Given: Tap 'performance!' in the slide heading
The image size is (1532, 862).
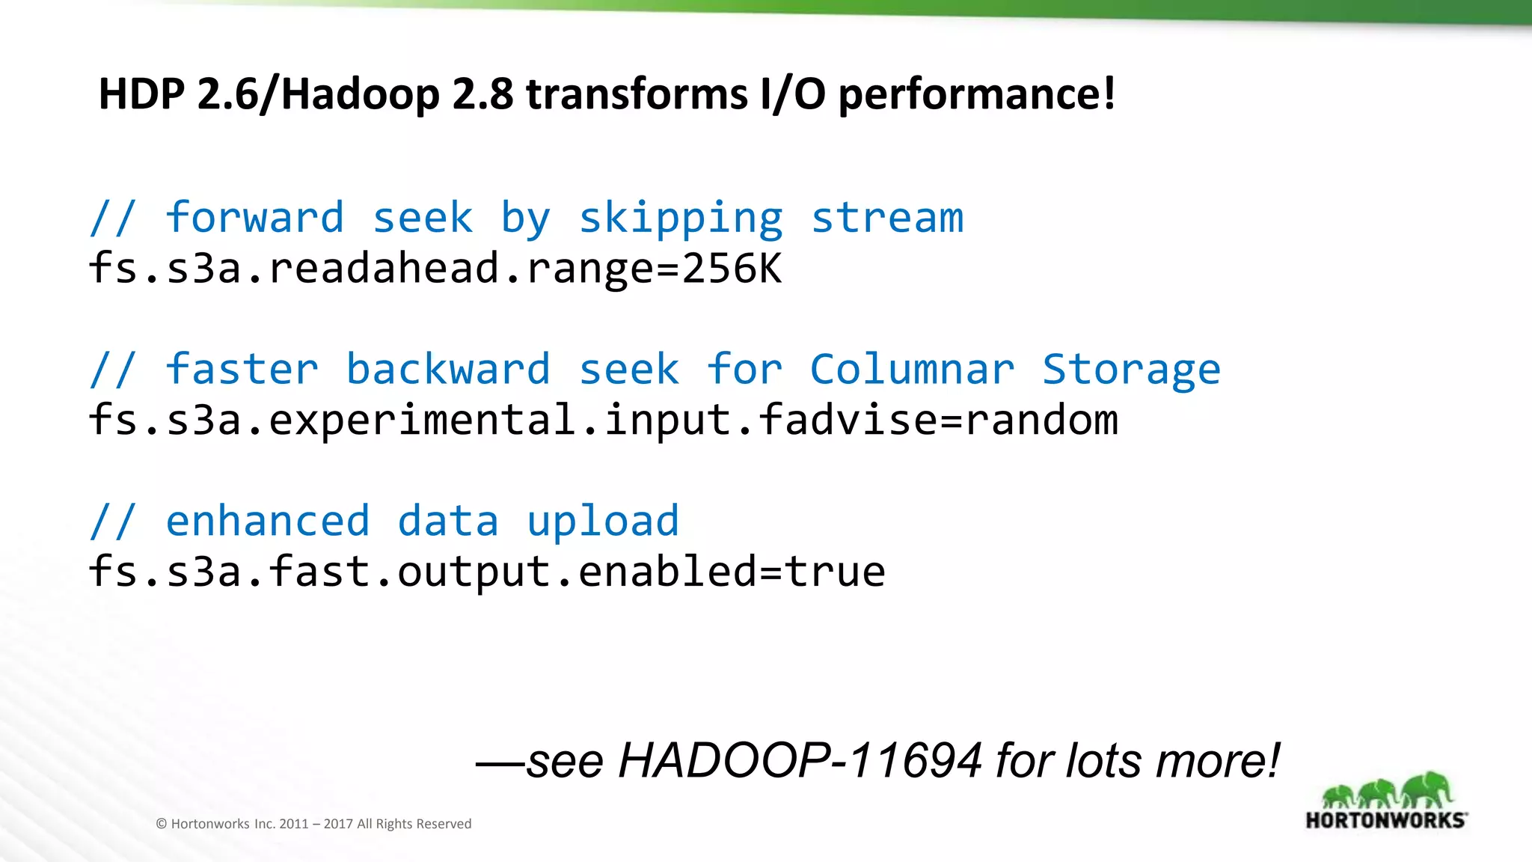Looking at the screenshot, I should pyautogui.click(x=976, y=96).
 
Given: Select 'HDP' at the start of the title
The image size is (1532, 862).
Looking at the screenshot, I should pyautogui.click(x=141, y=94).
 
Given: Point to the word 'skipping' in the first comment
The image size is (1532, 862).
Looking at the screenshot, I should pyautogui.click(x=681, y=219).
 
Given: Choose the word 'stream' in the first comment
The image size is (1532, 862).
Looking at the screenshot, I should pyautogui.click(x=887, y=218).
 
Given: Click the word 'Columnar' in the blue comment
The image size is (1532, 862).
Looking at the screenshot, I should pyautogui.click(x=912, y=369).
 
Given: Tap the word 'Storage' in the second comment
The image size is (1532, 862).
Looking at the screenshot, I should pyautogui.click(x=1131, y=370).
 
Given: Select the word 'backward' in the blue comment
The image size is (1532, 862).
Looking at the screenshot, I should pyautogui.click(x=448, y=369).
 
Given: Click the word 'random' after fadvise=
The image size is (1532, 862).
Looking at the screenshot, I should pyautogui.click(x=1041, y=420).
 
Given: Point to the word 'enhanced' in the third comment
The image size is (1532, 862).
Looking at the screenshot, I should pyautogui.click(x=268, y=521).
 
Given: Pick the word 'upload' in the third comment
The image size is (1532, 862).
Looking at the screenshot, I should pyautogui.click(x=603, y=522).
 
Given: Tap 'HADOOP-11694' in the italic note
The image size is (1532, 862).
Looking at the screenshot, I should pyautogui.click(x=800, y=761).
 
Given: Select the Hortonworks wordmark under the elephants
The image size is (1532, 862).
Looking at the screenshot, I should pyautogui.click(x=1385, y=820).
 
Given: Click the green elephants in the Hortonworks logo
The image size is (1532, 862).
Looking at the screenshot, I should pyautogui.click(x=1385, y=790).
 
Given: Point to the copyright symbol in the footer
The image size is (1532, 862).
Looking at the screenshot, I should pyautogui.click(x=161, y=824).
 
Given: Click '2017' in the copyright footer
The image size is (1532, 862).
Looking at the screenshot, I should pyautogui.click(x=337, y=824).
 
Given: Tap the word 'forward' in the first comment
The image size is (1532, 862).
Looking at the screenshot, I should pyautogui.click(x=254, y=218).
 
